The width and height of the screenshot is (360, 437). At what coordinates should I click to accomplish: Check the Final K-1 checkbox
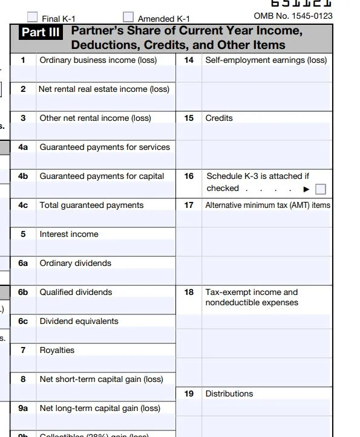[33, 17]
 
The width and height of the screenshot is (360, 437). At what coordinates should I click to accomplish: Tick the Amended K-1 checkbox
[128, 17]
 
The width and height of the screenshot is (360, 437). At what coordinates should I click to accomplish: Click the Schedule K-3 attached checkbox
[321, 189]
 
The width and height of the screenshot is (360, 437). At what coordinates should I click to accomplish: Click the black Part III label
[41, 32]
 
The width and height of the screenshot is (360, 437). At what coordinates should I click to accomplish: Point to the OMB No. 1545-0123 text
[293, 16]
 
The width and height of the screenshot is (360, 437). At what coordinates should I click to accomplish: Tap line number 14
[189, 60]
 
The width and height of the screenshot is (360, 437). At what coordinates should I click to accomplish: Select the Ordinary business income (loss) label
[98, 60]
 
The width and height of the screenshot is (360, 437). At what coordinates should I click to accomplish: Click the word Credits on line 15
[219, 118]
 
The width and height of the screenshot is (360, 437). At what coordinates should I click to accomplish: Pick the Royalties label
[57, 350]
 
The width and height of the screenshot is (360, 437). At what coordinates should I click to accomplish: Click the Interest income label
[69, 234]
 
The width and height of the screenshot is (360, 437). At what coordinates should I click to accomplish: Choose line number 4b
[23, 176]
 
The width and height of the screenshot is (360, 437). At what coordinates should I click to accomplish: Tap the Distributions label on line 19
[229, 393]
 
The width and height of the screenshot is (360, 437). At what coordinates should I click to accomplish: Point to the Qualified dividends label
[76, 292]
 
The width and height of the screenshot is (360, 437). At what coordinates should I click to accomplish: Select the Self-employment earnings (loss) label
[266, 60]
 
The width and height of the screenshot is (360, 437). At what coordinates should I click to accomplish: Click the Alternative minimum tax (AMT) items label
[268, 205]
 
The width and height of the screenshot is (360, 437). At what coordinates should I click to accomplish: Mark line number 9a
[23, 408]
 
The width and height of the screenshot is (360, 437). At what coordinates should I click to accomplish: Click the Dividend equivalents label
[79, 321]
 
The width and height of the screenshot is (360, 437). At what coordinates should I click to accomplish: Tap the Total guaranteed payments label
[91, 205]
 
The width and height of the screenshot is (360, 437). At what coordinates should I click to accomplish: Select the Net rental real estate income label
[104, 89]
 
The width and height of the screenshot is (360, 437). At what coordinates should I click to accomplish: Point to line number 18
[189, 292]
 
